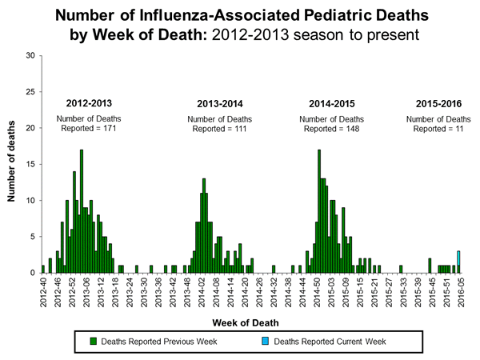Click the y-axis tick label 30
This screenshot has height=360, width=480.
click(30, 55)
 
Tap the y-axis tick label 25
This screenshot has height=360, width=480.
click(30, 92)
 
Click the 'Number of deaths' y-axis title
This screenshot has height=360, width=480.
click(14, 164)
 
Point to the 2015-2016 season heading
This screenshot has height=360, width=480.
click(439, 104)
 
